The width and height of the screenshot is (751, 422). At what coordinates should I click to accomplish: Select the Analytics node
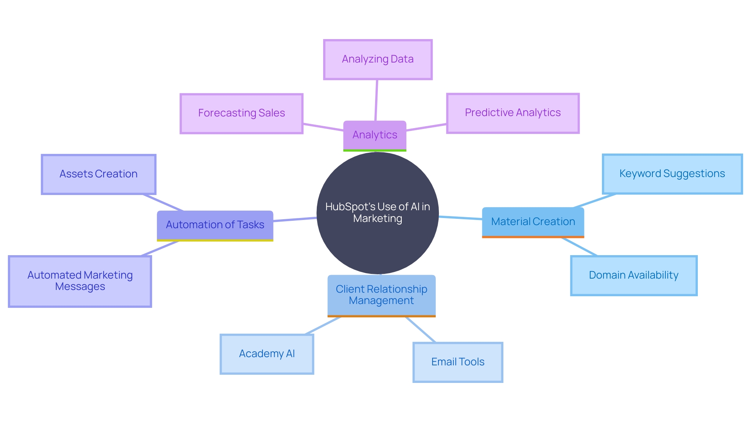click(x=375, y=135)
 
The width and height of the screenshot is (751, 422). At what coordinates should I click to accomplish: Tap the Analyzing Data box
click(x=377, y=59)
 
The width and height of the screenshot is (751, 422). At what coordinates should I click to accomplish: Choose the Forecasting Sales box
click(x=241, y=113)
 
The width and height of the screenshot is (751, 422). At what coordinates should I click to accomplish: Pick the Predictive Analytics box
click(x=512, y=113)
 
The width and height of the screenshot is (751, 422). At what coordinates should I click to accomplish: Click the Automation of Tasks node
click(x=215, y=225)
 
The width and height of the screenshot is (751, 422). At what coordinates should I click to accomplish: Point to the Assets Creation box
click(x=99, y=174)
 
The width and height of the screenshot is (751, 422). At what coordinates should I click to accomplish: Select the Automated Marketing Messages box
click(x=80, y=281)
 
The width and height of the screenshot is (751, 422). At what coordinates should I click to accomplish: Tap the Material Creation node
click(x=533, y=222)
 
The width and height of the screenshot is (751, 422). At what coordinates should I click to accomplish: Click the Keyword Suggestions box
click(x=672, y=174)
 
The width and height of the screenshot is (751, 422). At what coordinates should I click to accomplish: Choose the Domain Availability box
click(x=634, y=275)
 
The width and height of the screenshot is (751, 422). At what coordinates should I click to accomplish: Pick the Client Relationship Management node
click(x=381, y=295)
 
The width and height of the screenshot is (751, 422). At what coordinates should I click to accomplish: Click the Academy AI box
click(x=267, y=354)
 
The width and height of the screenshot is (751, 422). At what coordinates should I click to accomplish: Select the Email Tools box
click(x=458, y=362)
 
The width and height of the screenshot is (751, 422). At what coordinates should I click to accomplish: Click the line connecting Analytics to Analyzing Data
click(x=376, y=100)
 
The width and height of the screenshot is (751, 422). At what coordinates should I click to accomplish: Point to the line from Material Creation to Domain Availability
click(x=579, y=247)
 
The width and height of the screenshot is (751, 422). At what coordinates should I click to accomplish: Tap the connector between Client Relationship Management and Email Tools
click(x=420, y=329)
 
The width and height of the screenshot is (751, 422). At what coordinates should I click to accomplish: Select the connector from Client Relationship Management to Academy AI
click(x=323, y=325)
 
